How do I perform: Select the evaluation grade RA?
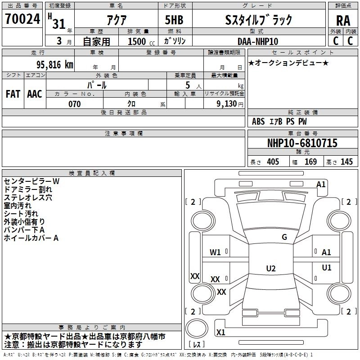pyautogui.click(x=343, y=21)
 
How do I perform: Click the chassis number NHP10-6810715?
pyautogui.click(x=302, y=143)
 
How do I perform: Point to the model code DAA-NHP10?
pyautogui.click(x=258, y=41)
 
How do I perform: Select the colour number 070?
pyautogui.click(x=74, y=104)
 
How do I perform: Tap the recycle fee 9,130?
pyautogui.click(x=228, y=104)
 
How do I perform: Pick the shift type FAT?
pyautogui.click(x=13, y=94)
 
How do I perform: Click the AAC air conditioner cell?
pyautogui.click(x=35, y=94)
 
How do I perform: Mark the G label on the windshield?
pyautogui.click(x=284, y=237)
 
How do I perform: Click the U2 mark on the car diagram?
pyautogui.click(x=270, y=268)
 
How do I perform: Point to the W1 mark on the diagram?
pyautogui.click(x=215, y=252)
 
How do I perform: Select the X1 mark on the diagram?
pyautogui.click(x=220, y=333)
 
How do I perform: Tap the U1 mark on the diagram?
pyautogui.click(x=327, y=268)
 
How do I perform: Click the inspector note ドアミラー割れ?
pyautogui.click(x=28, y=189)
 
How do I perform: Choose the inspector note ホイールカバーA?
pyautogui.click(x=31, y=238)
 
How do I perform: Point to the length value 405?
pyautogui.click(x=273, y=162)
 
